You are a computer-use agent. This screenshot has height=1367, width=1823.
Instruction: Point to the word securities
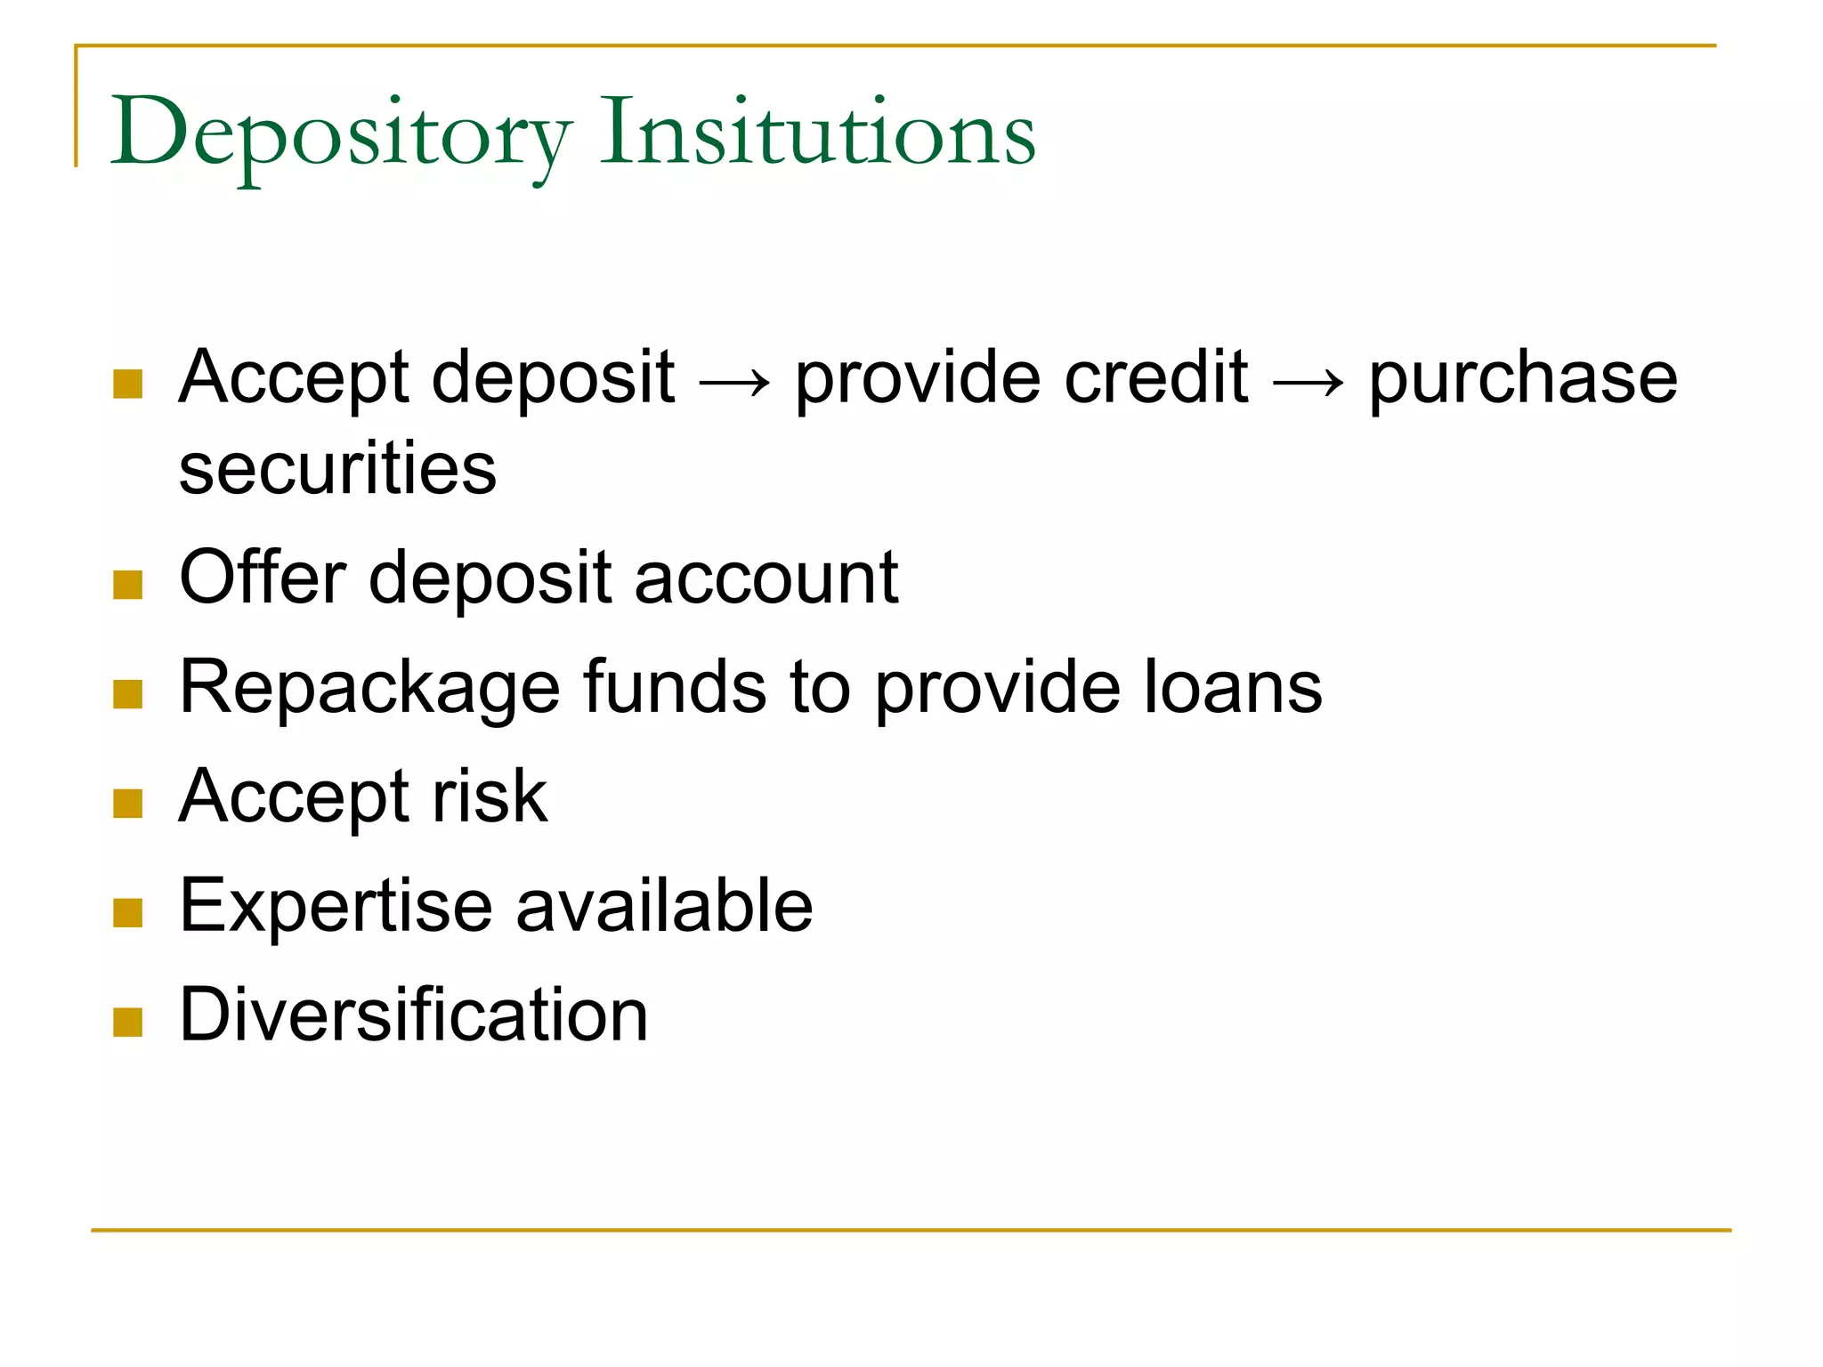pyautogui.click(x=337, y=469)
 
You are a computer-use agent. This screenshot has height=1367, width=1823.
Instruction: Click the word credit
pyautogui.click(x=1156, y=377)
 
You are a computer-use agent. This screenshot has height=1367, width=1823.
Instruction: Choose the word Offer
pyautogui.click(x=263, y=578)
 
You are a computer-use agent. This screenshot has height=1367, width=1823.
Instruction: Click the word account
pyautogui.click(x=766, y=578)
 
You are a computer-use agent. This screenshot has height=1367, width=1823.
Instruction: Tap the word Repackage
pyautogui.click(x=369, y=689)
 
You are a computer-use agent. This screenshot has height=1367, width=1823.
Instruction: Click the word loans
pyautogui.click(x=1233, y=687)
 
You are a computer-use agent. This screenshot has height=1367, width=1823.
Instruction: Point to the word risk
pyautogui.click(x=490, y=796)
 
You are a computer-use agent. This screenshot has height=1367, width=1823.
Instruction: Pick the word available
pyautogui.click(x=664, y=906)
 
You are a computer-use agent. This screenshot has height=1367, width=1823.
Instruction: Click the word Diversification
pyautogui.click(x=414, y=1015)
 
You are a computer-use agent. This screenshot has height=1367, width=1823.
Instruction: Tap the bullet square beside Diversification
pyautogui.click(x=128, y=1023)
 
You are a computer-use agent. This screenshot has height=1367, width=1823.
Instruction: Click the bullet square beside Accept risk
pyautogui.click(x=128, y=804)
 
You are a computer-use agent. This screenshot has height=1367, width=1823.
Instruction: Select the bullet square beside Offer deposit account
pyautogui.click(x=128, y=585)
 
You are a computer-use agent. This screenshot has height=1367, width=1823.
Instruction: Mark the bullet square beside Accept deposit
pyautogui.click(x=128, y=384)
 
